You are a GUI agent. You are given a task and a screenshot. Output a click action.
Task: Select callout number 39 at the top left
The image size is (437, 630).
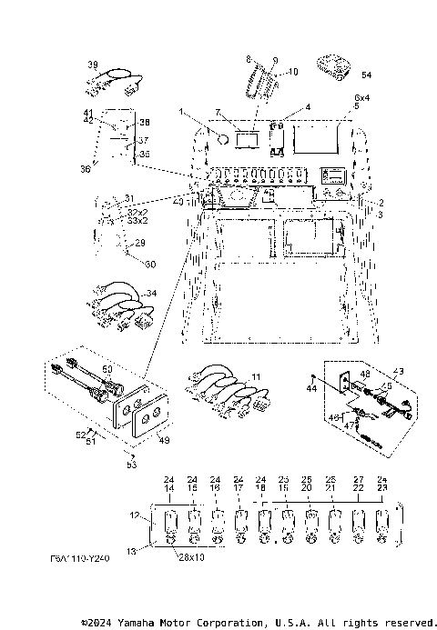point(93,64)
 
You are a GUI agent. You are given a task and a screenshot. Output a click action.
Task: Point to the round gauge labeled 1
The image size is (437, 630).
point(221,139)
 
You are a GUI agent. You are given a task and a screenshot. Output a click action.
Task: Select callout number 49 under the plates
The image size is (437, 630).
point(164,442)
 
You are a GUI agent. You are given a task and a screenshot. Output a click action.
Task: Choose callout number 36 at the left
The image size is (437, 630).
point(86,168)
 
